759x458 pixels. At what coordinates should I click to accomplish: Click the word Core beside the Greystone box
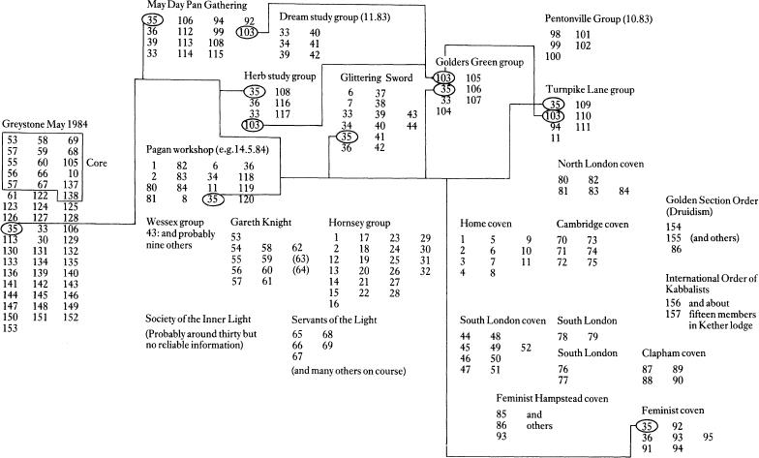point(98,163)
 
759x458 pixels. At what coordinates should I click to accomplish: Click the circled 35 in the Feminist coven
point(647,425)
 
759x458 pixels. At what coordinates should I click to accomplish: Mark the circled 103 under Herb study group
point(252,125)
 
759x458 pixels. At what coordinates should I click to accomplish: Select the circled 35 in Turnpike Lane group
point(553,104)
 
